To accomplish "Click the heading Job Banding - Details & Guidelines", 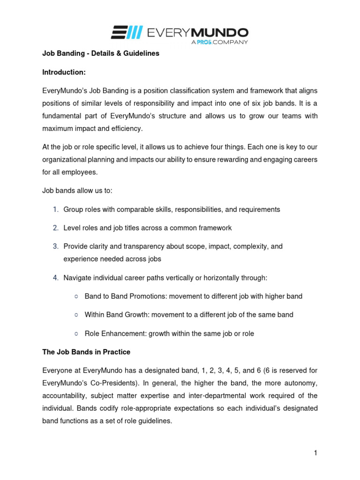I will click(101, 53).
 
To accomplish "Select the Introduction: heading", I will click(63, 72).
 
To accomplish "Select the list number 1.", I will click(55, 210).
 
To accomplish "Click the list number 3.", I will click(55, 246).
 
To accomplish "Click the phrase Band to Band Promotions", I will click(126, 296).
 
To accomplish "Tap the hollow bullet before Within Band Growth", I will click(76, 315).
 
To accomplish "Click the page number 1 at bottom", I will click(315, 453).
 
